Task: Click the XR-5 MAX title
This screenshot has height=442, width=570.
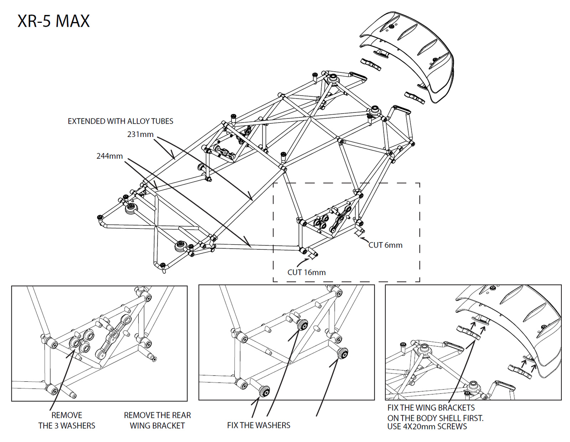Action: click(53, 21)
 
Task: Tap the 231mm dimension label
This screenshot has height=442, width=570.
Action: click(140, 134)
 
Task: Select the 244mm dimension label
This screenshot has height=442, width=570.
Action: click(109, 156)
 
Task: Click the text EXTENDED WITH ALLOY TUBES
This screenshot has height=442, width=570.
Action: click(120, 121)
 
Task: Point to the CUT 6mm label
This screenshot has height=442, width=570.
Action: click(385, 245)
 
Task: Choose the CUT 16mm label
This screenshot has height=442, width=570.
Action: click(306, 273)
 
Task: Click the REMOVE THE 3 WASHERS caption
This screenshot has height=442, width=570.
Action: click(67, 420)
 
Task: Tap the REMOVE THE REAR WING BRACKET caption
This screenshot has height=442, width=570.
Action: click(157, 420)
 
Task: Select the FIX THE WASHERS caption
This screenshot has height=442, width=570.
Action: click(259, 425)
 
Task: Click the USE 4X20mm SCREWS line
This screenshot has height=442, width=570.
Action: click(427, 427)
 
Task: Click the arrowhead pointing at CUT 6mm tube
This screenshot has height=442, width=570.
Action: click(361, 238)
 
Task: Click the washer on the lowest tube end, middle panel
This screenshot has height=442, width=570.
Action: click(265, 391)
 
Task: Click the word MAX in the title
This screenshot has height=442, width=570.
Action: click(73, 21)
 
